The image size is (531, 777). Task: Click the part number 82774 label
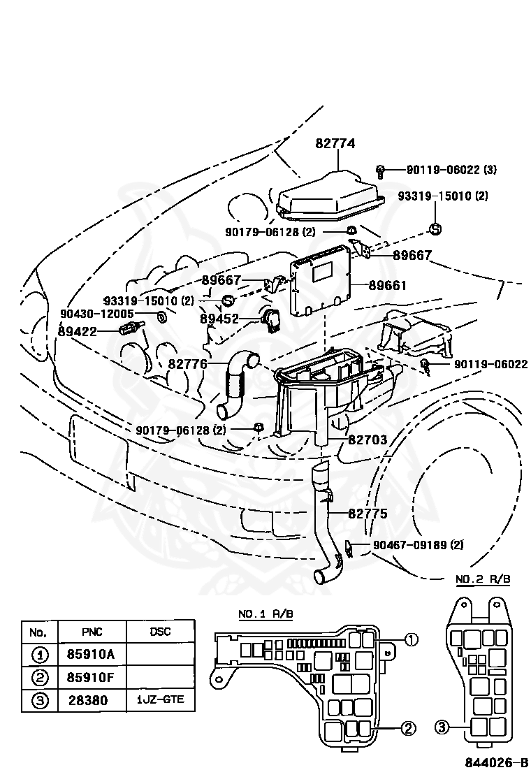[x=335, y=143]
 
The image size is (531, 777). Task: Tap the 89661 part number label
[x=387, y=285]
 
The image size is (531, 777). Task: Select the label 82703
[x=368, y=440]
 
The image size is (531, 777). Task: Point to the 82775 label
[x=368, y=514]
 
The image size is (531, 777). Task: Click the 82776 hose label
[x=188, y=364]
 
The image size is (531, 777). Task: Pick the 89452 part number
[x=219, y=319]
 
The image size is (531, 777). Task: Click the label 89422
[x=78, y=331]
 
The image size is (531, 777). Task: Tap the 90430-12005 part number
[x=97, y=314]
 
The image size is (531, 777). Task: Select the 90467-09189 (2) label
[x=419, y=544]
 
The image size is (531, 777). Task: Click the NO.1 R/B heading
[x=266, y=614]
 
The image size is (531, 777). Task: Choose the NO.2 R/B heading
[x=483, y=579]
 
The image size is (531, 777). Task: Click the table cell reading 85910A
[x=91, y=654]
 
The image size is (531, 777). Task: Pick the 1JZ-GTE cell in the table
[x=160, y=699]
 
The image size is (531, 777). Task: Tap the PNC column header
[x=92, y=632]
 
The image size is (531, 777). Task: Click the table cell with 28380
[x=88, y=700]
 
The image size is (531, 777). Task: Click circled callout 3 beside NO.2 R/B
[x=442, y=727]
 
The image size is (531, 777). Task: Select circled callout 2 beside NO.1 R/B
[x=407, y=729]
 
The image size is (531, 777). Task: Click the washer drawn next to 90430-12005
[x=161, y=316]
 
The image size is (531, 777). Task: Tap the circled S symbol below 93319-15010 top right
[x=435, y=229]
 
